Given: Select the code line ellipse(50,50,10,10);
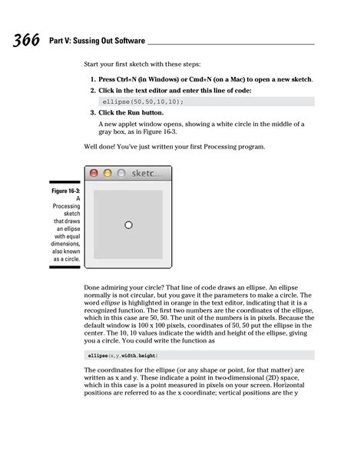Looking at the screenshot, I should click(x=143, y=101).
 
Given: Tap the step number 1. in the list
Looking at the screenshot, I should click(x=92, y=79).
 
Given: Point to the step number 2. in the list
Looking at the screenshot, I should click(x=92, y=90).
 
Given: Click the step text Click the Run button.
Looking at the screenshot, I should click(x=131, y=112).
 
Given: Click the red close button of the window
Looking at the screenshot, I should click(x=94, y=173).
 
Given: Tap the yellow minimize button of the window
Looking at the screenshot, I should click(x=108, y=173).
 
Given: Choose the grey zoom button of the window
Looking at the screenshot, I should click(x=121, y=173).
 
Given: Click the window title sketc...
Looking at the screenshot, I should click(x=147, y=173).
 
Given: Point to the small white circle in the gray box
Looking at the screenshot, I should click(x=128, y=225).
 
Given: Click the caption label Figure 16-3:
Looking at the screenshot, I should click(x=65, y=189).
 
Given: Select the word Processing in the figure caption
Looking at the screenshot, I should click(x=66, y=207).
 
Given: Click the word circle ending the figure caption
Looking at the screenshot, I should click(x=71, y=259).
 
